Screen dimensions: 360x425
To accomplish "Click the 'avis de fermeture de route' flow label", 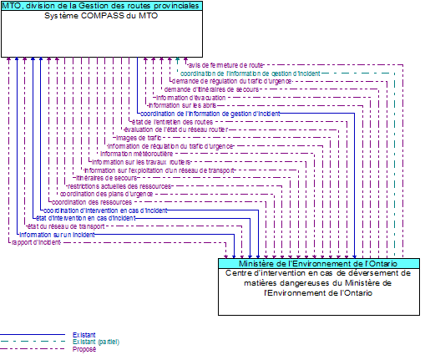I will (225, 64).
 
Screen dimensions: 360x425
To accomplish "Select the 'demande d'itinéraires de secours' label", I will (211, 89).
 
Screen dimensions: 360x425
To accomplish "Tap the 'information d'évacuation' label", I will (190, 97).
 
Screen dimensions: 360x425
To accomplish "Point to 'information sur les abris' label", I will (182, 105).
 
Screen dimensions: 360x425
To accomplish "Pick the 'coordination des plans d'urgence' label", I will (106, 194).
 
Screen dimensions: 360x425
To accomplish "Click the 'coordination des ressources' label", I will (91, 202).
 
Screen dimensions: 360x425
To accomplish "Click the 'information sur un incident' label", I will (56, 235).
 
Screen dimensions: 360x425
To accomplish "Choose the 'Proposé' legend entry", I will (83, 348).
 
